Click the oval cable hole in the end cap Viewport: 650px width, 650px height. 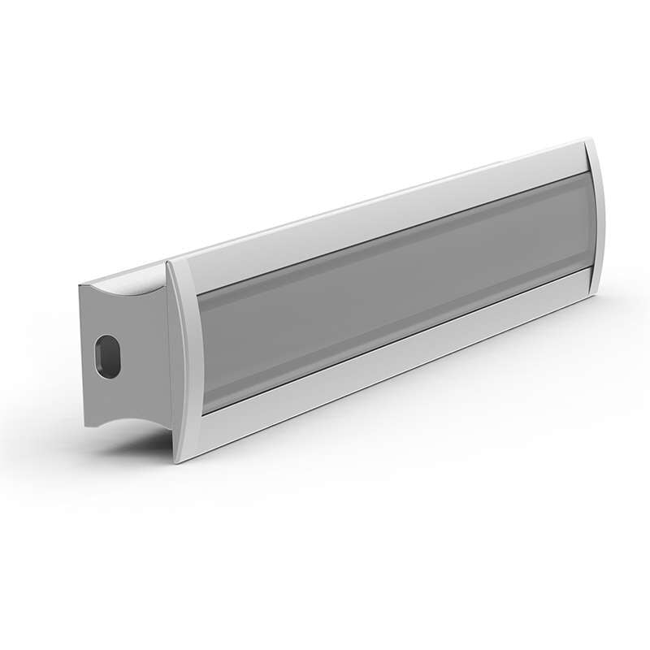105,355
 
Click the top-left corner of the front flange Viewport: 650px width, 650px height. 167,262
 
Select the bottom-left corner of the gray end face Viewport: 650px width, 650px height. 85,426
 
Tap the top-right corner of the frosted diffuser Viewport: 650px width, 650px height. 586,172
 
